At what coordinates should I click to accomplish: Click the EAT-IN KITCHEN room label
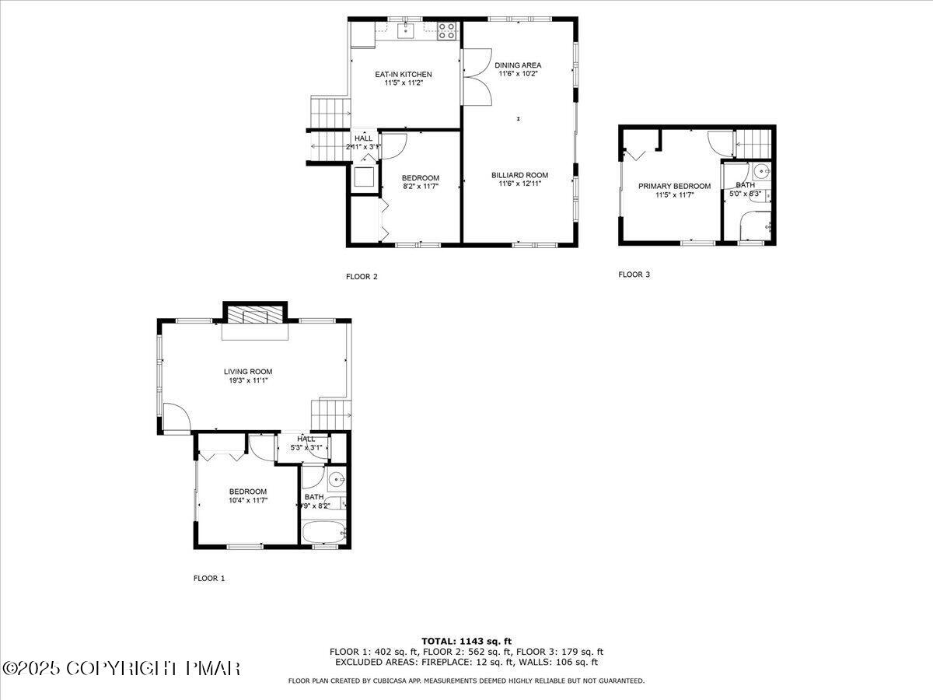tap(403, 75)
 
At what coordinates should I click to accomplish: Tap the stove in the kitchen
tap(446, 31)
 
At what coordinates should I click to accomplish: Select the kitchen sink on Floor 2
tap(406, 31)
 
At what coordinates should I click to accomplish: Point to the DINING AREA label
tap(518, 65)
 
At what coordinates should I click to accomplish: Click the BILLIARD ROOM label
tap(519, 175)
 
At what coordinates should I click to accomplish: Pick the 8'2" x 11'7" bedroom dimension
tap(420, 186)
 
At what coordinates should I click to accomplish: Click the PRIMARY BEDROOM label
tap(674, 186)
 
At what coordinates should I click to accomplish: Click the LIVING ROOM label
tap(248, 372)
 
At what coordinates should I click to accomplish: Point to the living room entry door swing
tap(176, 418)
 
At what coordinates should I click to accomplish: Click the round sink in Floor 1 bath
tap(336, 478)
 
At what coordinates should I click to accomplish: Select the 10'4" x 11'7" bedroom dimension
tap(248, 500)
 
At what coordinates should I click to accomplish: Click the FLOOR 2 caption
tap(362, 276)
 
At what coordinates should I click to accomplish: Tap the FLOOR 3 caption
tap(634, 274)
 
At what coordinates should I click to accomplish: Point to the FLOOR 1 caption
tap(208, 578)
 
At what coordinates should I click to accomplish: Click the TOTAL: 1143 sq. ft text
tap(466, 641)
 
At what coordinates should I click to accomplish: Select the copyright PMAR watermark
tap(121, 668)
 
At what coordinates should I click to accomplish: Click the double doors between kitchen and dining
tap(476, 78)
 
